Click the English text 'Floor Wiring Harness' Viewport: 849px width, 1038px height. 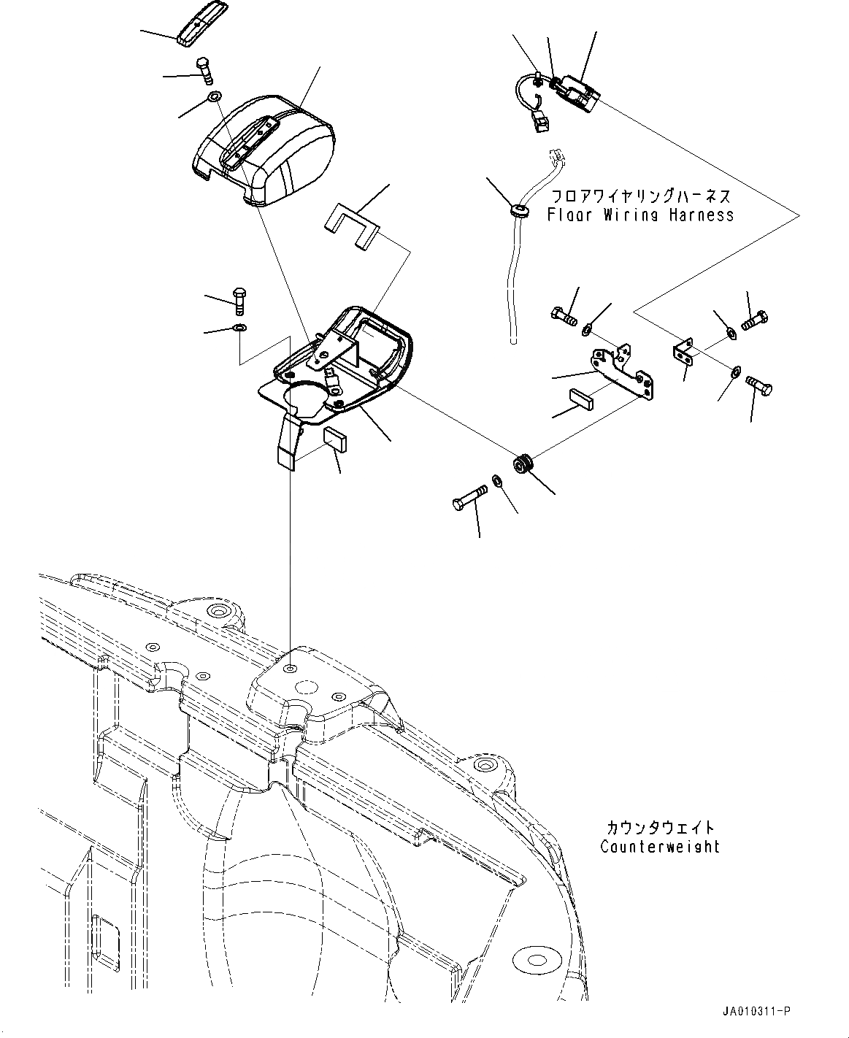[640, 215]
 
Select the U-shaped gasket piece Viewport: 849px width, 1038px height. [351, 225]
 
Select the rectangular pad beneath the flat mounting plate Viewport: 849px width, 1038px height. [581, 397]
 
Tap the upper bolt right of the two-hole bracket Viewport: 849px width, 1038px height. [754, 320]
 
